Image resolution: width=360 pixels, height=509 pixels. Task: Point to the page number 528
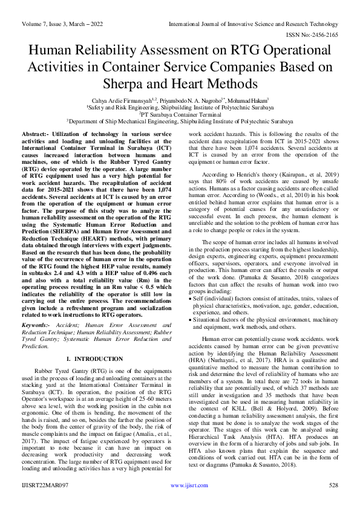[x=333, y=502]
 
